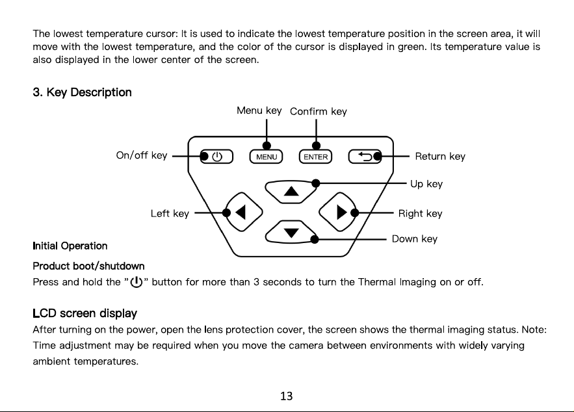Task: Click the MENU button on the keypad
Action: [266, 157]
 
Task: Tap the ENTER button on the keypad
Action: [315, 157]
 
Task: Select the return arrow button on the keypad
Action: [365, 157]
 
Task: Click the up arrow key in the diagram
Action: [291, 191]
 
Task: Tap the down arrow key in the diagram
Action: [291, 232]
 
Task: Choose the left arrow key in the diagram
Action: [243, 212]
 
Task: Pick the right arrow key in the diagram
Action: [339, 212]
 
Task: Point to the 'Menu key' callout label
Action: [259, 110]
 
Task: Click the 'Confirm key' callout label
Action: [319, 111]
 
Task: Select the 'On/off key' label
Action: [142, 155]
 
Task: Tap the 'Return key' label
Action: [440, 157]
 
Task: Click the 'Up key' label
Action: [426, 184]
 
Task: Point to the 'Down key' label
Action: [415, 239]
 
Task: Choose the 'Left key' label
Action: [170, 213]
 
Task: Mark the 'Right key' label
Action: [420, 213]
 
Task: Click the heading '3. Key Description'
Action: [82, 92]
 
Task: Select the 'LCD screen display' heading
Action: [85, 313]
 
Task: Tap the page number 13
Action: [286, 396]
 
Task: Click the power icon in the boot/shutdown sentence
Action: [136, 283]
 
